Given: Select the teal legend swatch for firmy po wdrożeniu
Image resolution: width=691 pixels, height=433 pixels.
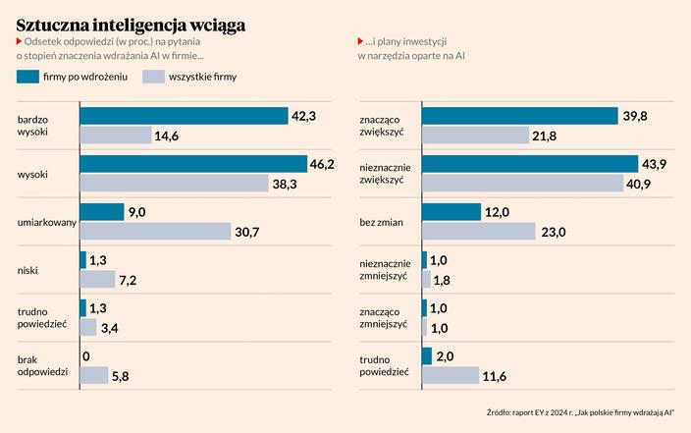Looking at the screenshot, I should [x=42, y=76].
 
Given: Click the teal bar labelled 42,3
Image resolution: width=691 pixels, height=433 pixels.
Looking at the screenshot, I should [x=183, y=116].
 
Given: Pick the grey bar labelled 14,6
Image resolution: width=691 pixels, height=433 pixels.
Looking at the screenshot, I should [x=115, y=135].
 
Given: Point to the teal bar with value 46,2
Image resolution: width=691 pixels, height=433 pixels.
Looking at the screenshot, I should [x=192, y=164].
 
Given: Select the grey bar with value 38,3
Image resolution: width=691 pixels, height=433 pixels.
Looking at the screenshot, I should [x=174, y=184].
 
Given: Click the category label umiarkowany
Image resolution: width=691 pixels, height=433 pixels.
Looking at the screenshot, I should [x=47, y=223].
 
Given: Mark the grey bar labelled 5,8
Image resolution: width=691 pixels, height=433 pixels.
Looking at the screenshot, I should [x=93, y=376].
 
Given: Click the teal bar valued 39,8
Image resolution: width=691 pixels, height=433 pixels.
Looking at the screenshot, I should [x=520, y=116].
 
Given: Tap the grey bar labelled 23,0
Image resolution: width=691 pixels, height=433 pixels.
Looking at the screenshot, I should [x=478, y=232].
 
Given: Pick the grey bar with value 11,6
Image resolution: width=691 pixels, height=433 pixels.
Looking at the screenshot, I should [x=450, y=376].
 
